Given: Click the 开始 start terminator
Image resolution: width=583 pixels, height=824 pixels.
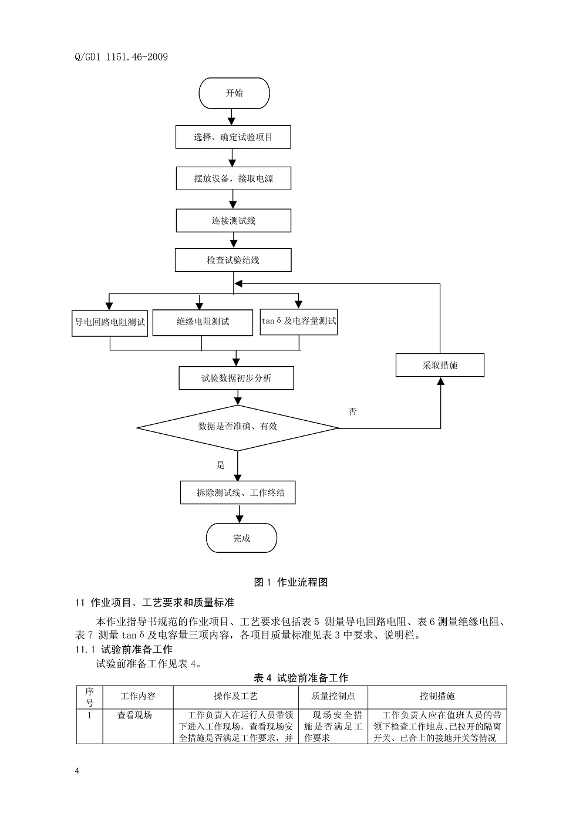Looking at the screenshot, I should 234,93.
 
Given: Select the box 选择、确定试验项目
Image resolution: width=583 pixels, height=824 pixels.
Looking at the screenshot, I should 233,137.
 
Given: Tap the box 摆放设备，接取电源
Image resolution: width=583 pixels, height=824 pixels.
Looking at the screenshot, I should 234,178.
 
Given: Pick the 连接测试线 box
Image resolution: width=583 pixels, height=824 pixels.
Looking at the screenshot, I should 234,221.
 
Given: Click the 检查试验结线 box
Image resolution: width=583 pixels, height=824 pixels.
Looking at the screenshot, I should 233,260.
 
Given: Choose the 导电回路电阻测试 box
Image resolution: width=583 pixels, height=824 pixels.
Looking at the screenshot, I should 110,322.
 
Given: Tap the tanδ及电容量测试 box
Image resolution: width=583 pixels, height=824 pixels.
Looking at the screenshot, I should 299,322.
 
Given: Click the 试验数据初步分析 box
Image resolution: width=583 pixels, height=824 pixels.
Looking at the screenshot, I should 236,379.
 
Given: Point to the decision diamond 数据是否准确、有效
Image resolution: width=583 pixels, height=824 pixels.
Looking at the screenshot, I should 238,427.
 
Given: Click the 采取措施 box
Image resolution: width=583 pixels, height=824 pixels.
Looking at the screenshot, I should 440,365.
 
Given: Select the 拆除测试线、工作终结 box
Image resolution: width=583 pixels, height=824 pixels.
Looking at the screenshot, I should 238,492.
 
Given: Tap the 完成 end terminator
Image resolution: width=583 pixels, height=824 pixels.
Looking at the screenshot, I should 241,538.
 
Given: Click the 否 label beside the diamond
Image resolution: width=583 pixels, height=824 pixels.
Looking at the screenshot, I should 353,412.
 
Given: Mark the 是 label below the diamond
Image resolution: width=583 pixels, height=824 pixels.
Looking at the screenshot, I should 221,465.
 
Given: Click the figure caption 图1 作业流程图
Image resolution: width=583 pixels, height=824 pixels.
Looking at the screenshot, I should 291,582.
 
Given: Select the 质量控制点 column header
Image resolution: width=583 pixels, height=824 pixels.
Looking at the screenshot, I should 333,696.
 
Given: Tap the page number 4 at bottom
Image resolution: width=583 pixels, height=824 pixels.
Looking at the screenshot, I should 77,771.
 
